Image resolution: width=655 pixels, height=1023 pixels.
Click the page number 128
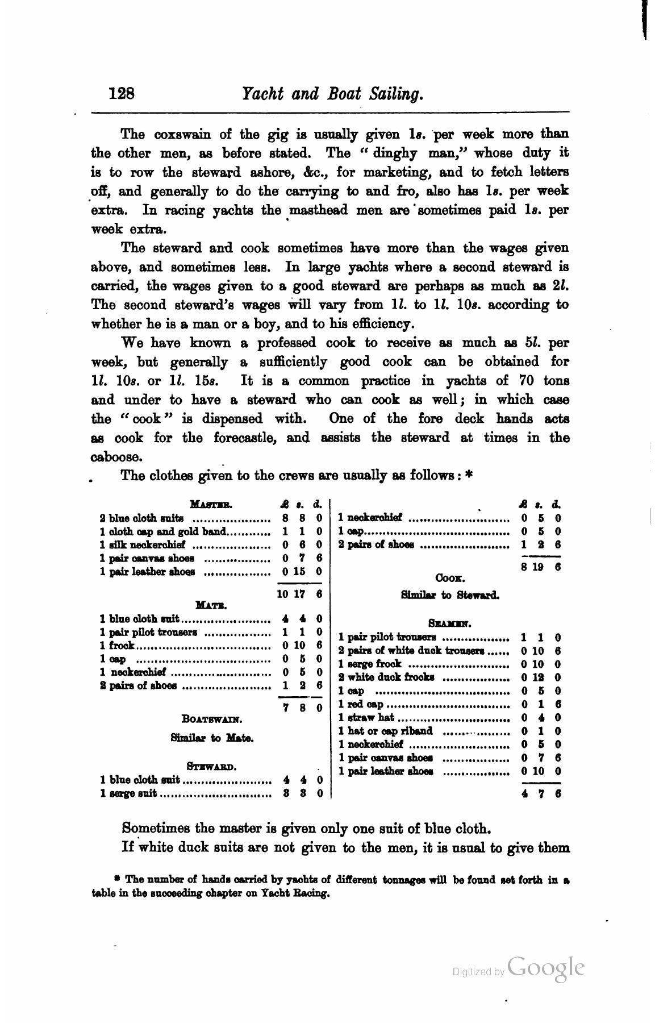[121, 93]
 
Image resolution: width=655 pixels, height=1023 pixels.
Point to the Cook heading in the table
[450, 579]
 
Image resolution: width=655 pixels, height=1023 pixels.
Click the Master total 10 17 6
[299, 593]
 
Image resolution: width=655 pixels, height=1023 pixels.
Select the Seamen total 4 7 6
[541, 794]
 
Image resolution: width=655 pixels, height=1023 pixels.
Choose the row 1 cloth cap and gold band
[164, 531]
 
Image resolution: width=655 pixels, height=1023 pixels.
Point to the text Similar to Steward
[450, 596]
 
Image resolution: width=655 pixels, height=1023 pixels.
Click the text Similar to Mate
[212, 738]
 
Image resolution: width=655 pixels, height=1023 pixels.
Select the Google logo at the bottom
[545, 967]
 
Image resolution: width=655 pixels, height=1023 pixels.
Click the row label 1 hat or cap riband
[385, 731]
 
